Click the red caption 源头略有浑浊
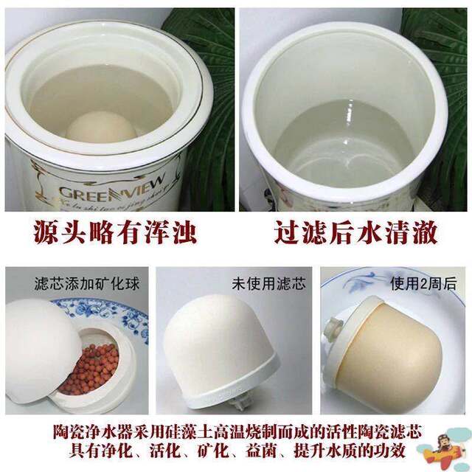(116, 232)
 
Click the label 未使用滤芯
(269, 283)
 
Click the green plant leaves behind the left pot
(210, 88)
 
